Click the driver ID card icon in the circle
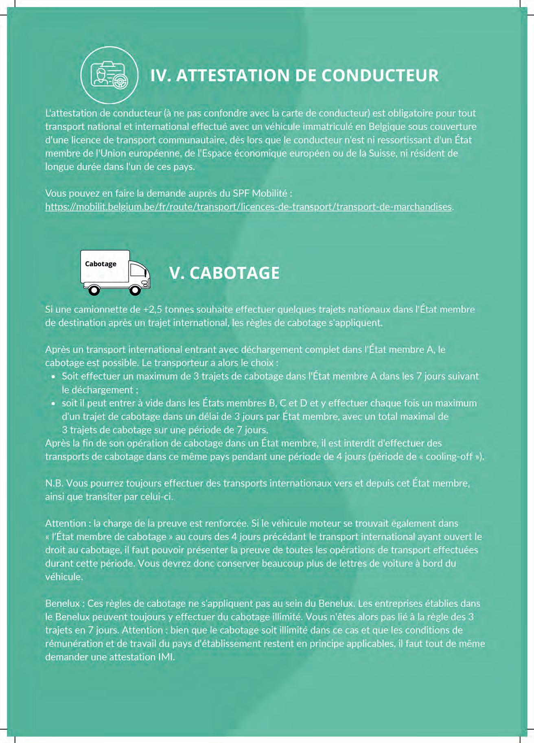pos(109,75)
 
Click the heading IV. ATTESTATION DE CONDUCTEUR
pos(294,76)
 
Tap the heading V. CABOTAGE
pos(224,273)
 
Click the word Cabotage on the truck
pos(101,264)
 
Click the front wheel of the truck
pos(135,290)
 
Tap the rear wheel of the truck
pos(94,290)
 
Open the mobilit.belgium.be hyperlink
pos(248,207)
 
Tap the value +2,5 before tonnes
pos(153,310)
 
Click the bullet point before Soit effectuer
pos(53,377)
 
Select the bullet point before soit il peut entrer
pos(53,404)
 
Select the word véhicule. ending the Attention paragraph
pos(64,577)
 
